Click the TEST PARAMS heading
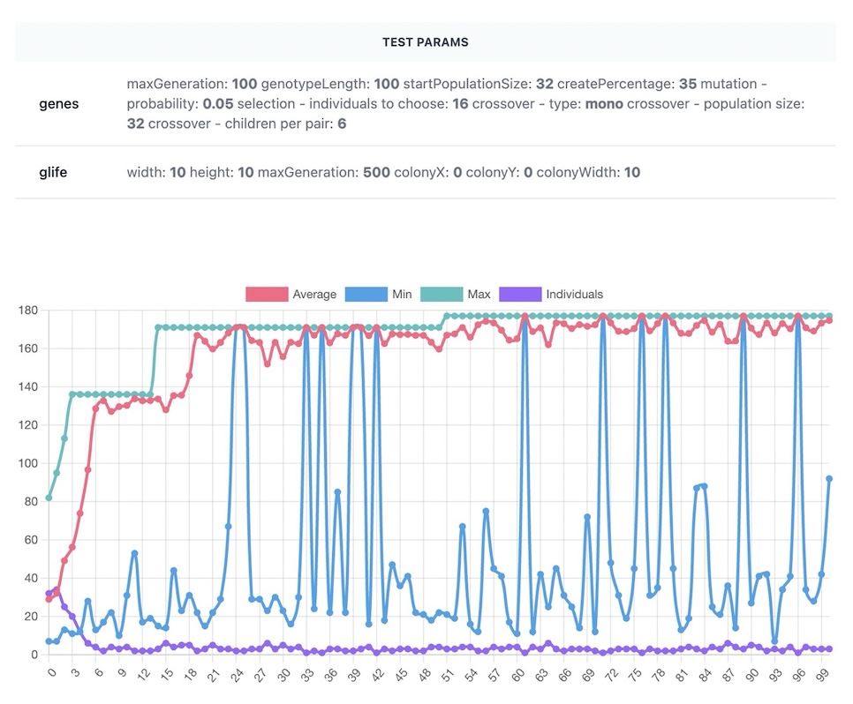(426, 42)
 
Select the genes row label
(59, 104)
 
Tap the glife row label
(53, 172)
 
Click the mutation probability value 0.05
(217, 104)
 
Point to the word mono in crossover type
(604, 104)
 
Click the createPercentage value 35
(688, 84)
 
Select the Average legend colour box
(267, 294)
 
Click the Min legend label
(402, 294)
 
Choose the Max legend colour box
(442, 294)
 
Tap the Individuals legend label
(575, 294)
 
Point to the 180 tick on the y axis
(27, 311)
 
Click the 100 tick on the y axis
(27, 463)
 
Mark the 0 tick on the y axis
(34, 655)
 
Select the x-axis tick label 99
(823, 675)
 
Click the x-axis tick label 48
(426, 675)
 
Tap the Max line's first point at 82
(49, 498)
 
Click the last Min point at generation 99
(829, 479)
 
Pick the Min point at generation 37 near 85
(337, 492)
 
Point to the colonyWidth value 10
(632, 172)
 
